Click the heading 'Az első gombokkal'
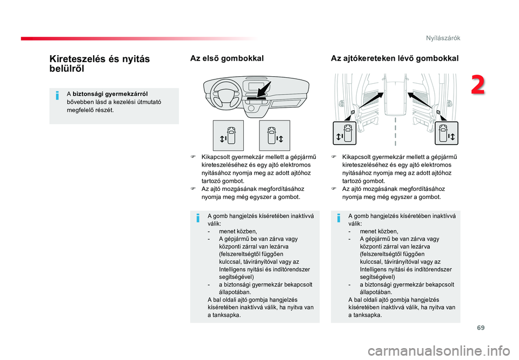(227, 58)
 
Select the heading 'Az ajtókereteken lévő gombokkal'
(395, 58)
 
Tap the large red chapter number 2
(477, 85)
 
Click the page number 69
(481, 328)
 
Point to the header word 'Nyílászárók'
(443, 38)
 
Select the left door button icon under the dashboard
(228, 136)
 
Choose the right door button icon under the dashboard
(275, 136)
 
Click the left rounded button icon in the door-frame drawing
(344, 133)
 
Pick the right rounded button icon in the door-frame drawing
(447, 133)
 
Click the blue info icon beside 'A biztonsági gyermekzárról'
(57, 96)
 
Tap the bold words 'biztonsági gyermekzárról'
(110, 94)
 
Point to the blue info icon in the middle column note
(198, 218)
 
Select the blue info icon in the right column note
(338, 218)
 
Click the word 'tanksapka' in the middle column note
(226, 315)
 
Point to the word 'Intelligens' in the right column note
(372, 269)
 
